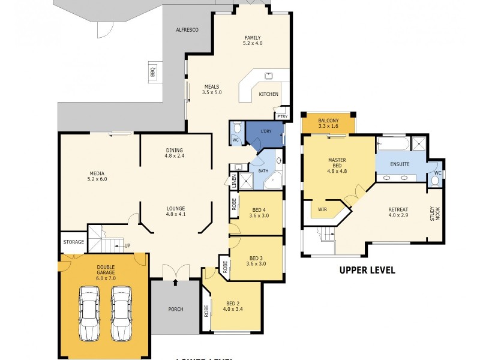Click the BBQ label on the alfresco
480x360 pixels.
pyautogui.click(x=152, y=71)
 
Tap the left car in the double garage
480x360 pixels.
pyautogui.click(x=89, y=313)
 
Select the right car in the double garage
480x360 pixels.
pyautogui.click(x=121, y=313)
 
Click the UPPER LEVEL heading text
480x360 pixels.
pyautogui.click(x=367, y=270)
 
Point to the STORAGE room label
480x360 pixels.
pyautogui.click(x=73, y=242)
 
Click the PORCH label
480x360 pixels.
pyautogui.click(x=175, y=310)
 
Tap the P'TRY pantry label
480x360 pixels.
pyautogui.click(x=281, y=116)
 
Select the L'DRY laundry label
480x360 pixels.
pyautogui.click(x=266, y=131)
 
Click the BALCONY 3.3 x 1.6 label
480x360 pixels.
pyautogui.click(x=328, y=123)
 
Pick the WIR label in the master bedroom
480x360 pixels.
pyautogui.click(x=323, y=209)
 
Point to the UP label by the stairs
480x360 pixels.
pyautogui.click(x=127, y=245)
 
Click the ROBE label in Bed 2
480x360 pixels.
pyautogui.click(x=206, y=310)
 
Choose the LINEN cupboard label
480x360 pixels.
pyautogui.click(x=234, y=179)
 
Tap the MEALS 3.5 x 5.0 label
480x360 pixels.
pyautogui.click(x=212, y=89)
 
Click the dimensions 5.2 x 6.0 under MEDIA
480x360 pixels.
pyautogui.click(x=97, y=179)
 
